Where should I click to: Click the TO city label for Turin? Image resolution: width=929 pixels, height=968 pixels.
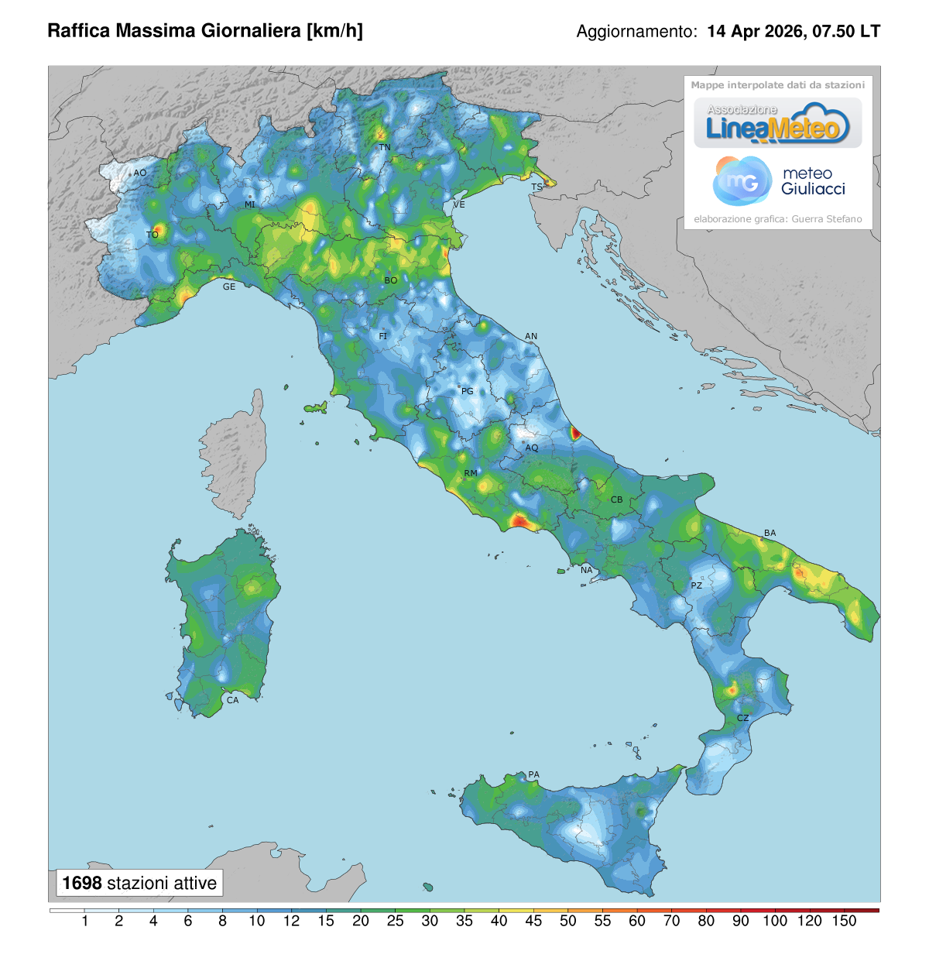[x=153, y=235]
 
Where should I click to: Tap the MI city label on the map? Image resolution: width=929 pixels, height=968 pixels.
[x=250, y=205]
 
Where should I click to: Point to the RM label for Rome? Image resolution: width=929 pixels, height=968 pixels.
[x=471, y=473]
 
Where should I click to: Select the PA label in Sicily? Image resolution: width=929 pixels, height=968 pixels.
[x=533, y=774]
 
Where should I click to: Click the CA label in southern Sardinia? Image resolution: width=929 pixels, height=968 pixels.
[x=232, y=700]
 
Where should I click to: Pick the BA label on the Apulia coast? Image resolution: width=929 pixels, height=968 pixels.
[x=770, y=533]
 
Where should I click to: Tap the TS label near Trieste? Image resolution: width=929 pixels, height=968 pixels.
[x=536, y=187]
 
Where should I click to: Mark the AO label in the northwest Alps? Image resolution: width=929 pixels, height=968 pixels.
[x=139, y=173]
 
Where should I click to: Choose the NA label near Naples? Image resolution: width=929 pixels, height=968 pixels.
[x=586, y=571]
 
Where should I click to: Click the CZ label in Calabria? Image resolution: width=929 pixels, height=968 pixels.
[x=742, y=718]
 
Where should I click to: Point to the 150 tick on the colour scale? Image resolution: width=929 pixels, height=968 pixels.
[x=844, y=921]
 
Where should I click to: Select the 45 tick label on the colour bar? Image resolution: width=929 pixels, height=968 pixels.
[x=533, y=921]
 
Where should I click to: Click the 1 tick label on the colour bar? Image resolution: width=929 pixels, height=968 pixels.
[x=84, y=921]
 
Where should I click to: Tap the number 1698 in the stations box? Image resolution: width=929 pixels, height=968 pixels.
[x=82, y=883]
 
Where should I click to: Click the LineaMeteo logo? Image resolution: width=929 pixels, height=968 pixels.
[x=777, y=124]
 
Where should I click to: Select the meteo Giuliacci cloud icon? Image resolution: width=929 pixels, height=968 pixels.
[x=741, y=180]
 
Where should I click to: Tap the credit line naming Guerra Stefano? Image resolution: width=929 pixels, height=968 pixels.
[x=777, y=219]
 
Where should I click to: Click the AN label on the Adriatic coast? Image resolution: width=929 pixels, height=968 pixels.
[x=531, y=336]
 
